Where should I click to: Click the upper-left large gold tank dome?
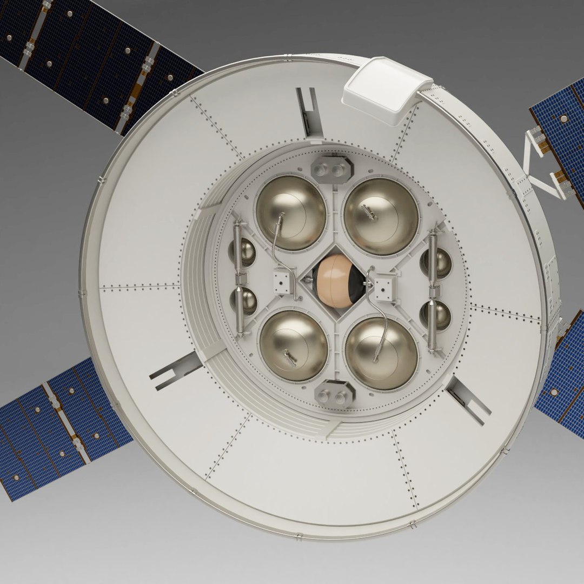[x=290, y=211]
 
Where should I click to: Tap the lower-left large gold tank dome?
[x=293, y=345]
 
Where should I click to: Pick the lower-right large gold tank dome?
[x=381, y=346]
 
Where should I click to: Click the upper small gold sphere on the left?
[x=244, y=251]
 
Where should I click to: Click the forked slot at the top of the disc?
[x=309, y=112]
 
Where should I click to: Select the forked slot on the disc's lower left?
[x=175, y=371]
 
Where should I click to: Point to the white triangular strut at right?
[x=541, y=162]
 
